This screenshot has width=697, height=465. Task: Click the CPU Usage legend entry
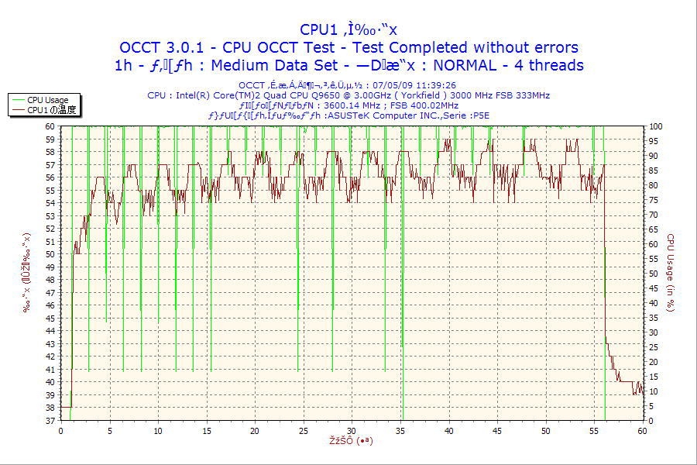click(x=47, y=100)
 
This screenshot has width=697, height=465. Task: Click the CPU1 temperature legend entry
click(x=51, y=110)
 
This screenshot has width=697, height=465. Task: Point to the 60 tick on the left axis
click(x=50, y=126)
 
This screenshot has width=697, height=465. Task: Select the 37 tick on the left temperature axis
click(x=50, y=420)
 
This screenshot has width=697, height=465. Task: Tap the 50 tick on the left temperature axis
click(x=50, y=253)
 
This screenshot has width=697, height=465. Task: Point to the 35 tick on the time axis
click(x=400, y=430)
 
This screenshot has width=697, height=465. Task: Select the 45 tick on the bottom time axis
click(x=497, y=430)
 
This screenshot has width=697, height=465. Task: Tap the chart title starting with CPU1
click(x=348, y=29)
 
